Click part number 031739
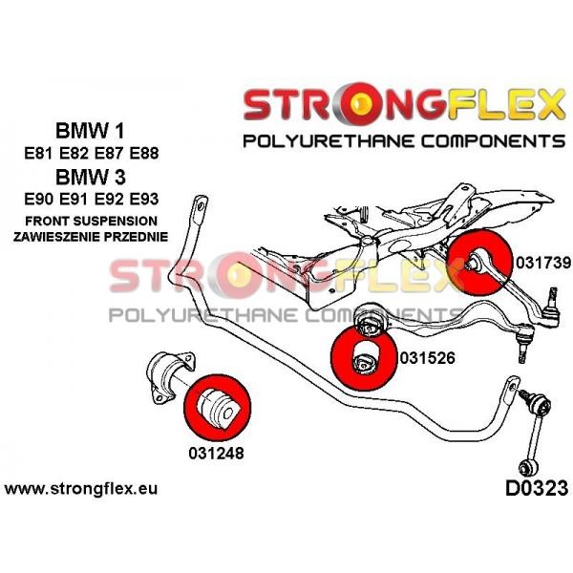coord(543,263)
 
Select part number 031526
coord(428,357)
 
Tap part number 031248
coord(216,453)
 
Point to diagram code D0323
coord(537,488)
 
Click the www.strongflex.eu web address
coord(81,488)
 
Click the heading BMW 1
coord(90,131)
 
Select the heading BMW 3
coord(91,177)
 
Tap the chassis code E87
coord(109,153)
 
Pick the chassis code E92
coord(109,200)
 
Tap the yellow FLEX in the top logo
coord(504,104)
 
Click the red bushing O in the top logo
coord(360,104)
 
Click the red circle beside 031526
coord(364,358)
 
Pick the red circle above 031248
coord(218,407)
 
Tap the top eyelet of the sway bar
coord(201,206)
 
